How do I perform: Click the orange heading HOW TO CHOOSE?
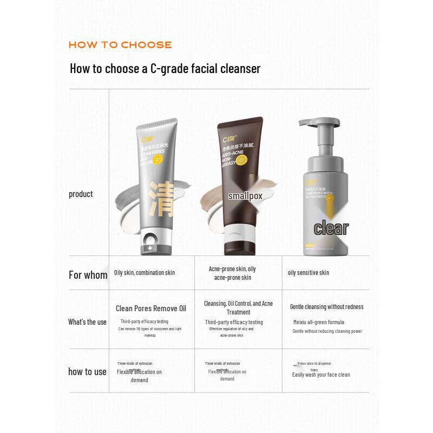click(x=120, y=45)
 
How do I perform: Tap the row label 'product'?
click(x=81, y=194)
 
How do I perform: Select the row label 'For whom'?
click(x=88, y=275)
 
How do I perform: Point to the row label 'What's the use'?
click(x=87, y=322)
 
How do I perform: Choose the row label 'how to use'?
click(x=87, y=372)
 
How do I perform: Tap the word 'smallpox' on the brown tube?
click(x=245, y=196)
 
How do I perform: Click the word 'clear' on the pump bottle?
click(x=331, y=228)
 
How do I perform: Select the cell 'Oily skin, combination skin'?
click(x=145, y=273)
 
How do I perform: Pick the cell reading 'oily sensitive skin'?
click(x=308, y=273)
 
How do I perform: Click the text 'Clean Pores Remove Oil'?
click(x=150, y=309)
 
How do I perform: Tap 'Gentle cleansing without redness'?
click(x=326, y=307)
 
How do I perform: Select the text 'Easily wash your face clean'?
click(x=321, y=375)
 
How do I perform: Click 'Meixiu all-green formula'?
click(x=318, y=322)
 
